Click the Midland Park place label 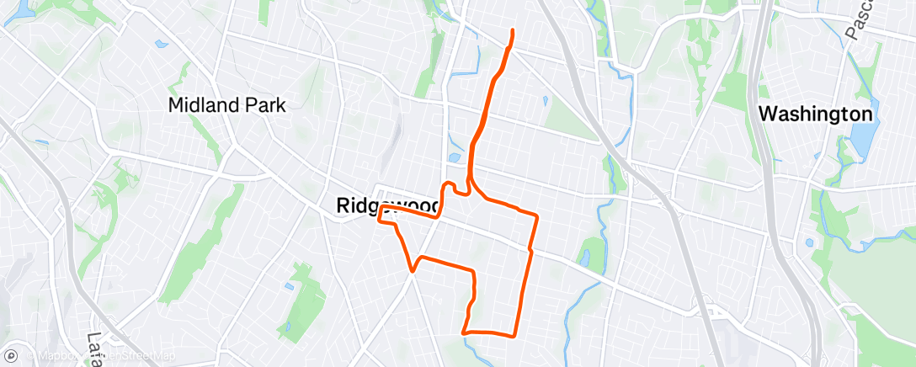pos(227,106)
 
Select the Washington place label pos(815,114)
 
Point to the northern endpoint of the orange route pos(512,31)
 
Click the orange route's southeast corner pos(514,336)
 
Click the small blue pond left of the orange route pos(455,157)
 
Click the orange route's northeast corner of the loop pos(536,215)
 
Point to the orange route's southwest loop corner pos(464,332)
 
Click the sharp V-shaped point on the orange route pos(412,270)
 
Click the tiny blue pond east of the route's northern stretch pos(546,102)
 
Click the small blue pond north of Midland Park pos(159,44)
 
